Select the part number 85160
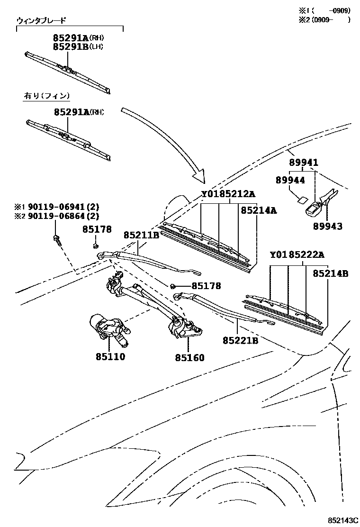[x=189, y=357]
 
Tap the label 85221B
[x=240, y=340]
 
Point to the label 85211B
[x=141, y=235]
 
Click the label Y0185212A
[x=228, y=194]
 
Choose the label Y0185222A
[x=297, y=255]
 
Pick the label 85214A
[x=258, y=210]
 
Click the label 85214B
[x=331, y=273]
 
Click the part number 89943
[x=327, y=226]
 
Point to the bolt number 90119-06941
[x=63, y=207]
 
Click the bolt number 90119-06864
[x=63, y=217]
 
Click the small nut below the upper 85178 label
[x=95, y=245]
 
